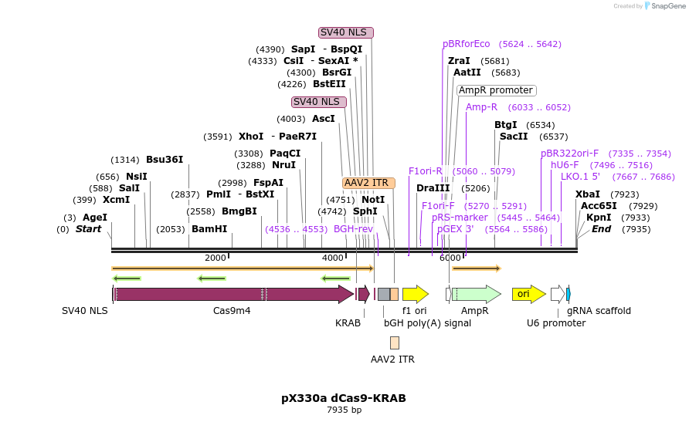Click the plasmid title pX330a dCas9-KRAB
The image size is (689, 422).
point(343,398)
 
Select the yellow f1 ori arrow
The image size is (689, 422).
point(415,294)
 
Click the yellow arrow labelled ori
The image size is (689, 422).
point(528,294)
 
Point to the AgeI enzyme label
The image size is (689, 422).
point(95,218)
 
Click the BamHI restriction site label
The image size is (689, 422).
point(209,229)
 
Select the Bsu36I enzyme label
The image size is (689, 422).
point(165,160)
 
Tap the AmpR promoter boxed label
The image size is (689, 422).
point(496,90)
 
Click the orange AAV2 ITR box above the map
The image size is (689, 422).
point(368,183)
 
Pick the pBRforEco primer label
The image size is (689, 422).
point(467,44)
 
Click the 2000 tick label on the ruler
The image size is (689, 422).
point(216,258)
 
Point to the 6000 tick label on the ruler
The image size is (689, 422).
point(450,258)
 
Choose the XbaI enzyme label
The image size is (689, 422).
point(588,194)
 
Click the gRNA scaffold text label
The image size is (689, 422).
point(599,311)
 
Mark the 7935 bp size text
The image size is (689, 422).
point(344,410)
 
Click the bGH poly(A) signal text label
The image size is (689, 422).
point(427,323)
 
